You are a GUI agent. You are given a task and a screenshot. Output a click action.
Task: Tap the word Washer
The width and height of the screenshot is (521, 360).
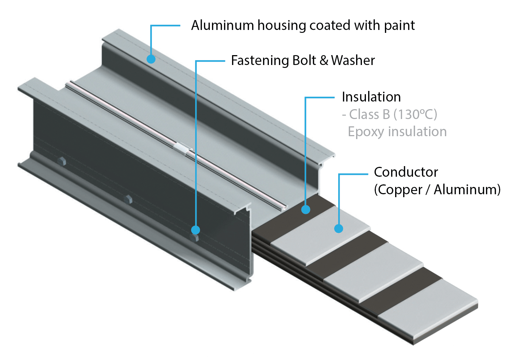(353, 60)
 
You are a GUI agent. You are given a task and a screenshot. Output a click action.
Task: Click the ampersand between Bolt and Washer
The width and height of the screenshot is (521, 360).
(324, 60)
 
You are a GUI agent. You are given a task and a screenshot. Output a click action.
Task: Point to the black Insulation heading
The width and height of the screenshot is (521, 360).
(371, 97)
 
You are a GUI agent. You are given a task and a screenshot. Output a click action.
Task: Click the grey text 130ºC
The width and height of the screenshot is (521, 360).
(415, 114)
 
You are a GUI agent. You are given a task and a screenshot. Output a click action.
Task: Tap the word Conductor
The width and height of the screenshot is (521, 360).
(406, 172)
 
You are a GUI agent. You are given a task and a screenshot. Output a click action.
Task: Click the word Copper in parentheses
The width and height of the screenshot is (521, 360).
(398, 189)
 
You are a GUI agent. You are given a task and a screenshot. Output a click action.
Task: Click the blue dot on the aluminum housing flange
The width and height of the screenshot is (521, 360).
(151, 59)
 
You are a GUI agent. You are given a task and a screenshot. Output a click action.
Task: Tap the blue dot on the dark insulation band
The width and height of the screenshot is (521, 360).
(306, 210)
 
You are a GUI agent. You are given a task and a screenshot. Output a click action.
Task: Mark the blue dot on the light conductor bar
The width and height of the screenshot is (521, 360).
(339, 229)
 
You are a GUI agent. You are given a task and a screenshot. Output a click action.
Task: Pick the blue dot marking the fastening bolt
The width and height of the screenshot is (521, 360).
(196, 230)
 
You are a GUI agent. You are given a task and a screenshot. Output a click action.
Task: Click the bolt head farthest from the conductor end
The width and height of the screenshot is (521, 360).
(62, 161)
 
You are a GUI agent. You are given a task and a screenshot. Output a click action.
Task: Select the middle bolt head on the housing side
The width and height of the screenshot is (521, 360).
(128, 199)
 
